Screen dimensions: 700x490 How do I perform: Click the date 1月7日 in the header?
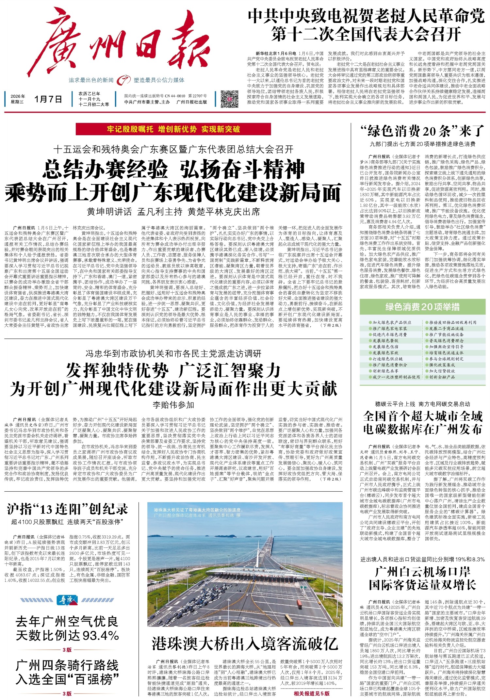(48, 99)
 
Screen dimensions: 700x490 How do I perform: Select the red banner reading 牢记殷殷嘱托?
(173, 129)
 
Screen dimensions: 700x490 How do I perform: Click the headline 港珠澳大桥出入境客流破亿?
(245, 643)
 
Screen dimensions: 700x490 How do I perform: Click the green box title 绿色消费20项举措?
(422, 307)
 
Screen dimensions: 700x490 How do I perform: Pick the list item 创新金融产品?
(442, 377)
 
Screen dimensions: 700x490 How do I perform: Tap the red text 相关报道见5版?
(311, 693)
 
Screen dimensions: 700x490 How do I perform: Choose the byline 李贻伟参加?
(173, 405)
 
